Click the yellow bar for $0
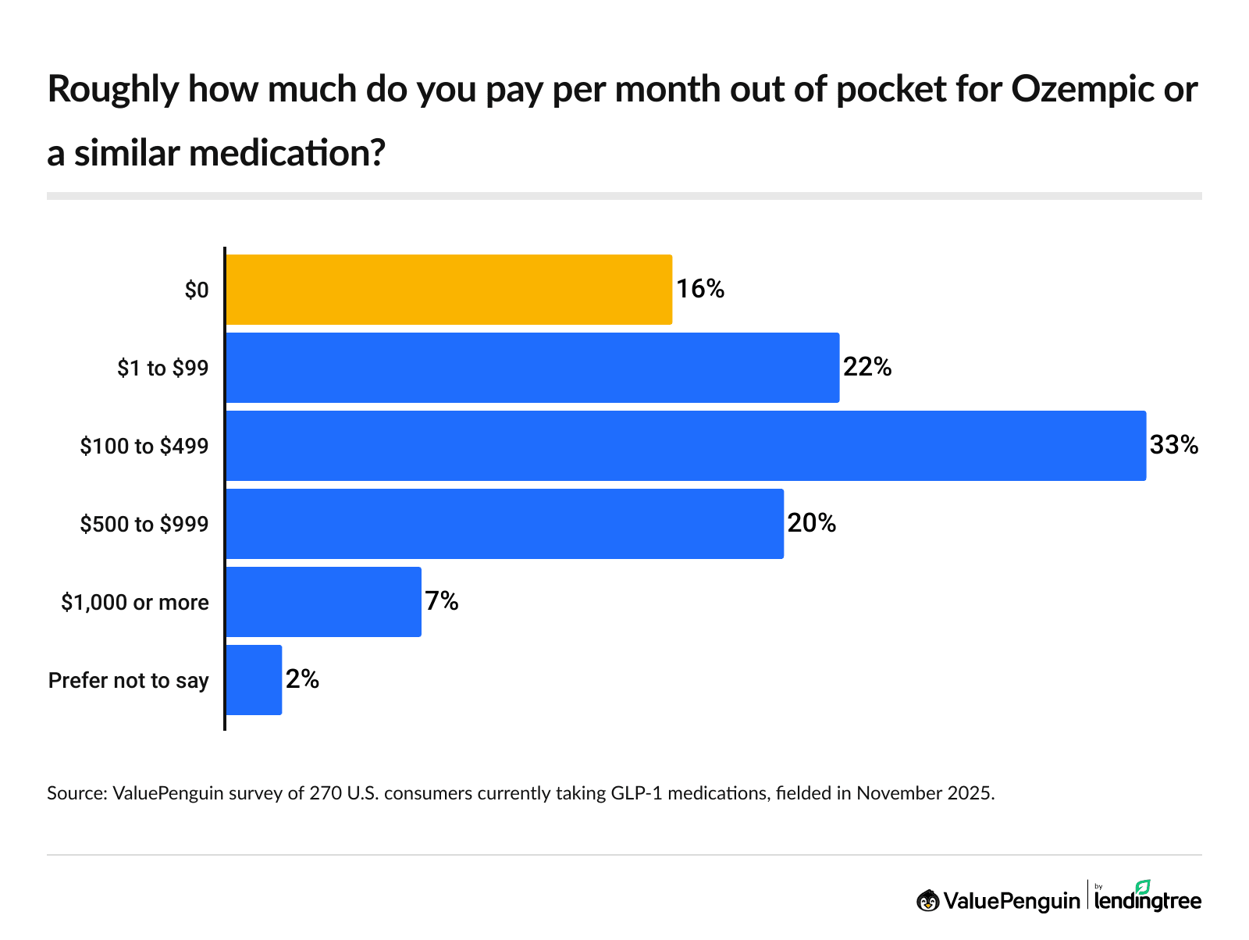[449, 290]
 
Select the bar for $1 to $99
[532, 368]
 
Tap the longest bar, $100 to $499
[685, 446]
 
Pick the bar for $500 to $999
[504, 524]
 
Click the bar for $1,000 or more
[323, 602]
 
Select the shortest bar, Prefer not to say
[254, 680]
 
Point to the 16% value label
[700, 290]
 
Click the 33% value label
[1173, 446]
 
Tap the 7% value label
[441, 602]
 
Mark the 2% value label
[302, 680]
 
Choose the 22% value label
[867, 368]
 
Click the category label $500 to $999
[144, 524]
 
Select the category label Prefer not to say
[129, 681]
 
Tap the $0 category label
[197, 290]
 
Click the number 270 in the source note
[325, 794]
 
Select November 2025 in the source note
[924, 794]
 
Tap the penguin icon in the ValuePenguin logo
[927, 901]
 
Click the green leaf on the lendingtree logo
[1143, 887]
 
